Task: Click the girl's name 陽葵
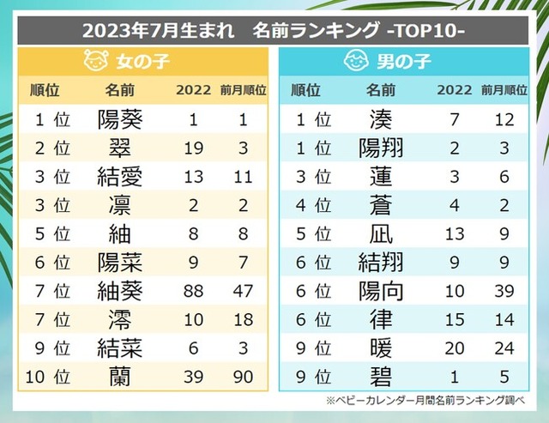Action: pos(120,119)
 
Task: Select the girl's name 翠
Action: pos(120,148)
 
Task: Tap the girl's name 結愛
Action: pos(120,177)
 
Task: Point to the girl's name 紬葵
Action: pos(120,290)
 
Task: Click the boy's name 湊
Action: pos(381,119)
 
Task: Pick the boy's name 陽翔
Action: pos(381,148)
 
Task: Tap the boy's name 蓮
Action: pos(381,177)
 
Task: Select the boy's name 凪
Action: pos(381,233)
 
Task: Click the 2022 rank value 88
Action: pos(194,290)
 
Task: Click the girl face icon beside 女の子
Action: pos(94,62)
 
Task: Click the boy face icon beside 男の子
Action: pos(356,62)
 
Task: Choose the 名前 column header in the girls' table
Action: pos(120,89)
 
